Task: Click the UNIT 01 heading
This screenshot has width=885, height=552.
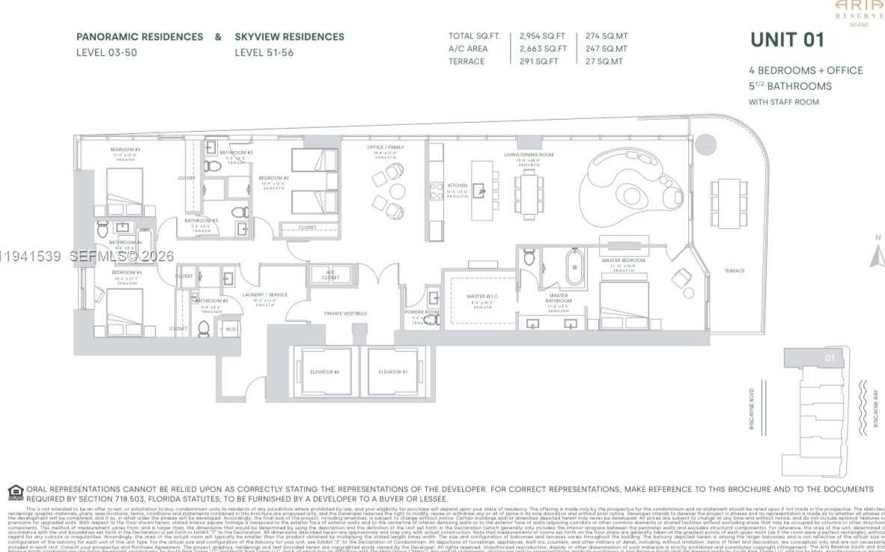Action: click(787, 40)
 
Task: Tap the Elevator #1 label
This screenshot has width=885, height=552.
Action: click(393, 372)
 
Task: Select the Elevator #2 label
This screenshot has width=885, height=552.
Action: click(325, 372)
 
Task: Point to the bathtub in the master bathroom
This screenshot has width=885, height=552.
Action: click(574, 266)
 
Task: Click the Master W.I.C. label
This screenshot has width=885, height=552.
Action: click(479, 297)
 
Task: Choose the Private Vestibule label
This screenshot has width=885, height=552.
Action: click(343, 313)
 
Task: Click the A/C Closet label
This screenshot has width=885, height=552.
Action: click(331, 274)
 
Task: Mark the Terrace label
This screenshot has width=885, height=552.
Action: click(734, 271)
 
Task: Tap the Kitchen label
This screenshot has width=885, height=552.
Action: click(457, 185)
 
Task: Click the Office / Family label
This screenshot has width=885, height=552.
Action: click(386, 148)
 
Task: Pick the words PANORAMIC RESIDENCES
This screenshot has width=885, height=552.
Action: click(139, 37)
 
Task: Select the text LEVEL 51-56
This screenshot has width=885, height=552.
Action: click(264, 52)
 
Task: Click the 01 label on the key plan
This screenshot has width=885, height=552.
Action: click(830, 358)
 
